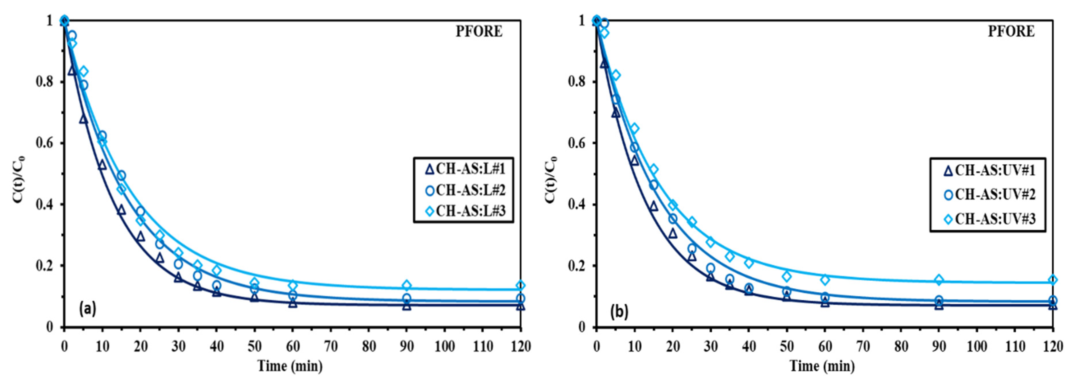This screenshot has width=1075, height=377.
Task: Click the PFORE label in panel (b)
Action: [1011, 32]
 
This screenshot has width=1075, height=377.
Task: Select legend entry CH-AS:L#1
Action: [464, 169]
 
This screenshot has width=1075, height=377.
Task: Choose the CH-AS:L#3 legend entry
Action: [464, 211]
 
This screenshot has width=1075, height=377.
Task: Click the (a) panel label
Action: [88, 309]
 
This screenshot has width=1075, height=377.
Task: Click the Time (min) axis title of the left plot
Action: [290, 366]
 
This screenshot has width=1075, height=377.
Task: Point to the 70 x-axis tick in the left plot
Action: [331, 346]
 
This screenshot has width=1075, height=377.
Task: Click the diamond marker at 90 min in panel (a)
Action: [407, 285]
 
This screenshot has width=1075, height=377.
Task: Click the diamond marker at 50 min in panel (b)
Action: [787, 276]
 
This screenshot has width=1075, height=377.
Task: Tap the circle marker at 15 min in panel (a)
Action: [121, 175]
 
